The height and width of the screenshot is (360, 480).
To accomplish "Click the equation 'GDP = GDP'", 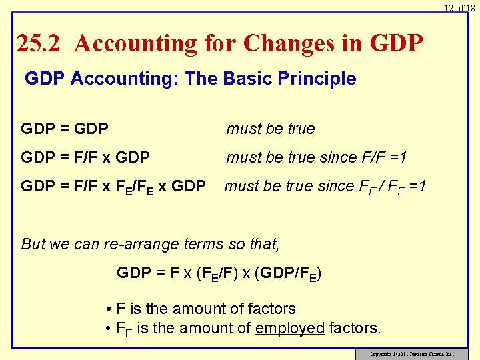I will coord(65,129).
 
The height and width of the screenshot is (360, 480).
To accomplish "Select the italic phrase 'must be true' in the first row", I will coord(271,129).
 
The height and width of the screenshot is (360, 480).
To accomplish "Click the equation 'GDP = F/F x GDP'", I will coord(85,157).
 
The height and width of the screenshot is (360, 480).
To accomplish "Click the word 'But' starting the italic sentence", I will coord(33,244).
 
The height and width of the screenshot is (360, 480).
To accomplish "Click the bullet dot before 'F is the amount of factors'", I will coord(108,309).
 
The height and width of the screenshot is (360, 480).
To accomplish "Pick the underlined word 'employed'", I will coord(289,328).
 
